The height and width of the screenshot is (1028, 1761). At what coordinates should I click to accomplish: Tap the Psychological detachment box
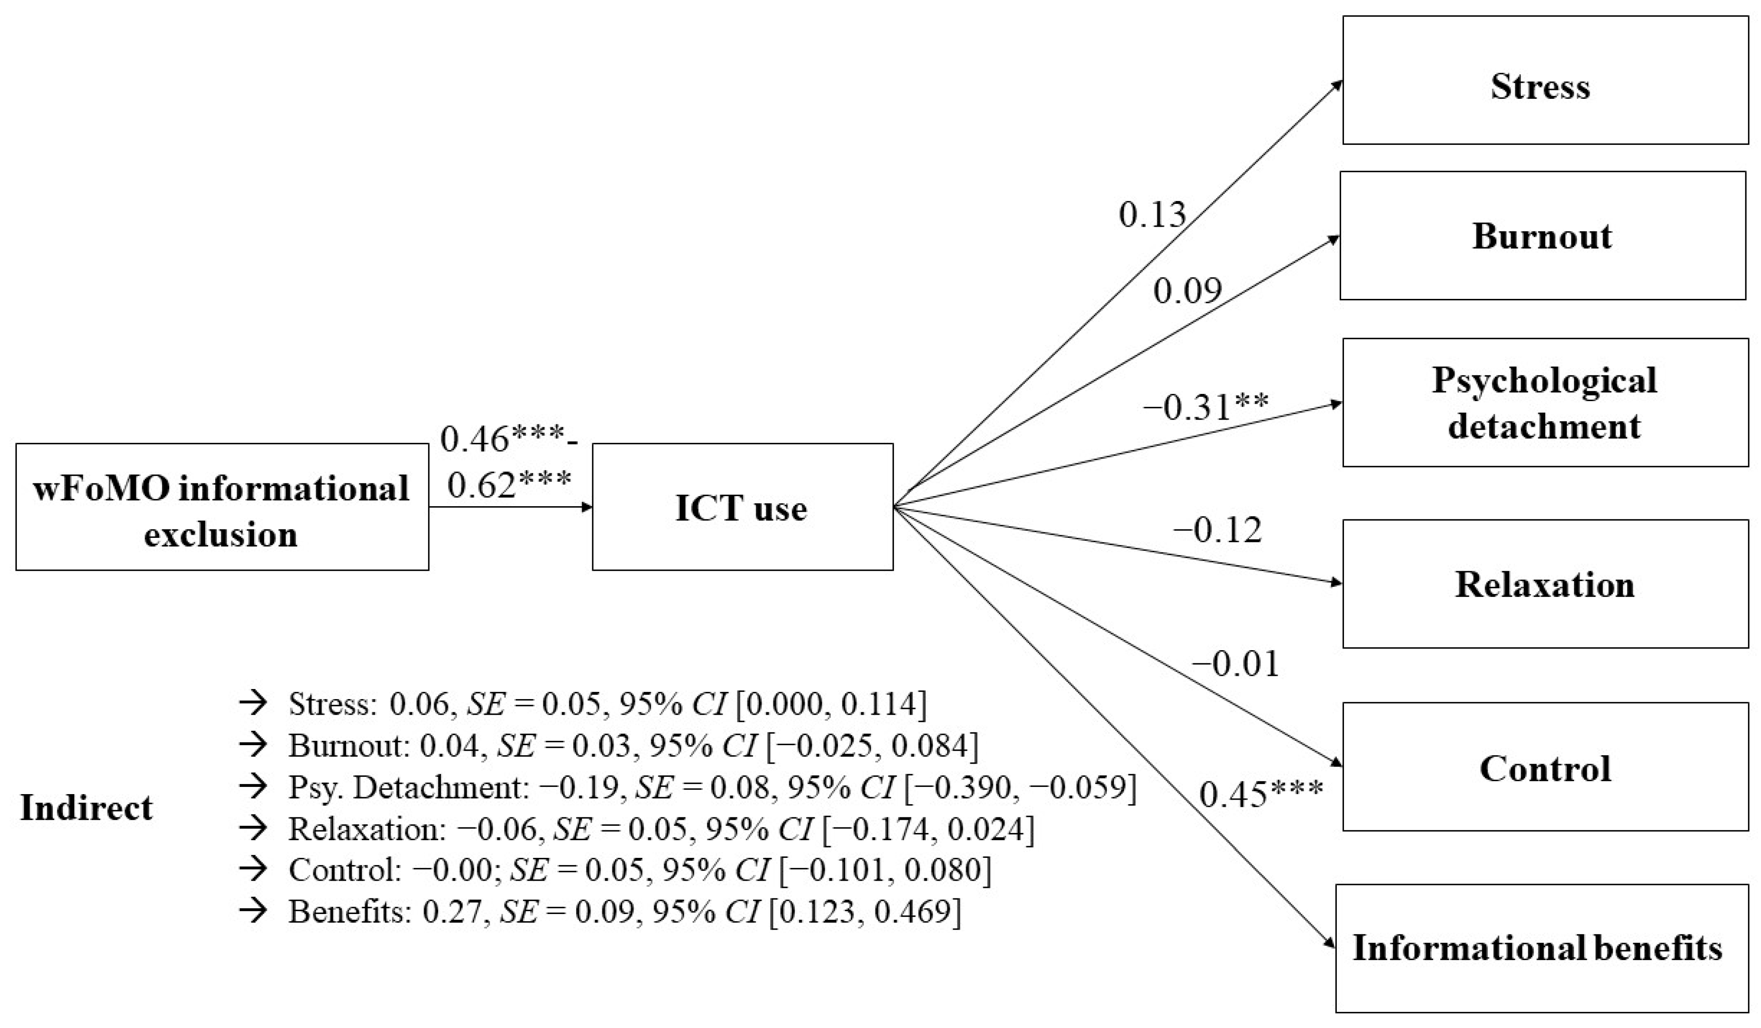pos(1544,402)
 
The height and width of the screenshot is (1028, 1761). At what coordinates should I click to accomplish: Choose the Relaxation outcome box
pos(1544,583)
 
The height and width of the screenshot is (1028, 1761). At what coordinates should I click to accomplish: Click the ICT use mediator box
pos(742,507)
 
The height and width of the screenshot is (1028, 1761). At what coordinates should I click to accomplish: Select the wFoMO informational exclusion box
pos(222,507)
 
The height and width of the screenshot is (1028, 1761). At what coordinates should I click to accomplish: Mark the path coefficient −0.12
pos(1217,530)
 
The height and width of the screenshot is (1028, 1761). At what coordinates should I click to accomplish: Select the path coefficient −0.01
pos(1235,664)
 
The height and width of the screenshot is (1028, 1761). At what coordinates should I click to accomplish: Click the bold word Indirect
pos(86,808)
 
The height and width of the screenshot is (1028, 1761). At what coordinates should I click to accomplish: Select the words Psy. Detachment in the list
pos(404,788)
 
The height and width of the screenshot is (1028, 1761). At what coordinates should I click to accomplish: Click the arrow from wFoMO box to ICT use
pos(510,507)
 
